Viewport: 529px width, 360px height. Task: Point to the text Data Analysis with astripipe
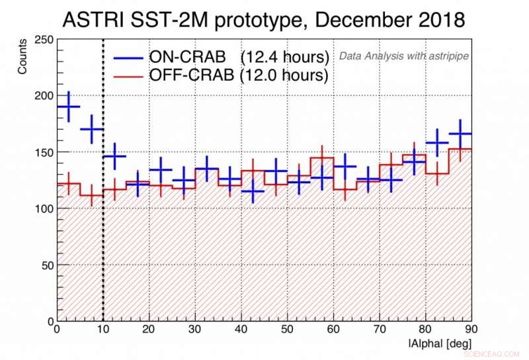(403, 56)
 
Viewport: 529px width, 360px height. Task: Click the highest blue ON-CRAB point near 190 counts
(68, 107)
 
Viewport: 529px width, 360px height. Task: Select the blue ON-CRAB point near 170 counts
(91, 129)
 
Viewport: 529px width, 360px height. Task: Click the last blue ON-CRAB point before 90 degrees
(460, 134)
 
